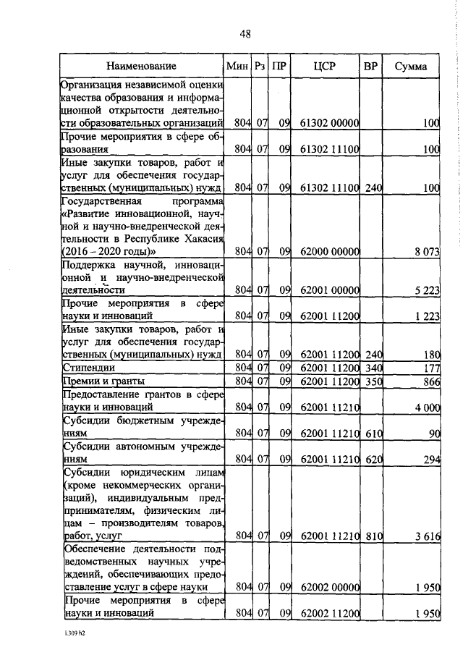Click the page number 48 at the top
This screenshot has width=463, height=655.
[x=245, y=34]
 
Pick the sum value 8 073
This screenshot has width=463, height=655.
[x=425, y=250]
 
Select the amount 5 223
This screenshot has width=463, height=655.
[x=425, y=290]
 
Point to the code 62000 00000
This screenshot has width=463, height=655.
[x=328, y=250]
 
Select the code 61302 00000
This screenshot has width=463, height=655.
[x=328, y=123]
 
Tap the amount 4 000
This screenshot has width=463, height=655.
[x=425, y=407]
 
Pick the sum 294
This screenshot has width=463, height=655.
[x=432, y=459]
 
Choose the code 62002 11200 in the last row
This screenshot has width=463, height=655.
[x=328, y=613]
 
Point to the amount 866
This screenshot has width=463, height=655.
[x=432, y=381]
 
